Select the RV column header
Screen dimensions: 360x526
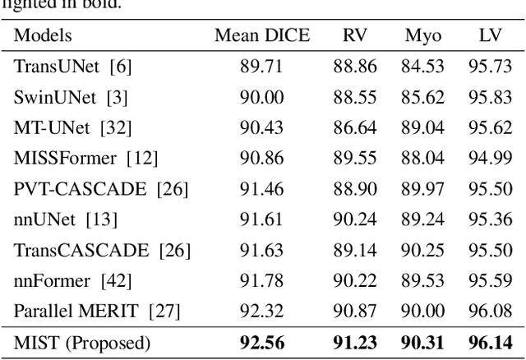[355, 35]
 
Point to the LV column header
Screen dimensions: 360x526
[490, 35]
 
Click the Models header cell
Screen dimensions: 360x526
[43, 35]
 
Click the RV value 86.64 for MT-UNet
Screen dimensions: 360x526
[355, 127]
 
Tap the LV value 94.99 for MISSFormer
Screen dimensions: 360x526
[491, 158]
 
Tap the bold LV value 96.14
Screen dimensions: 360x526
[491, 343]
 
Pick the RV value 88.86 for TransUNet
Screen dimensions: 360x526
[355, 67]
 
